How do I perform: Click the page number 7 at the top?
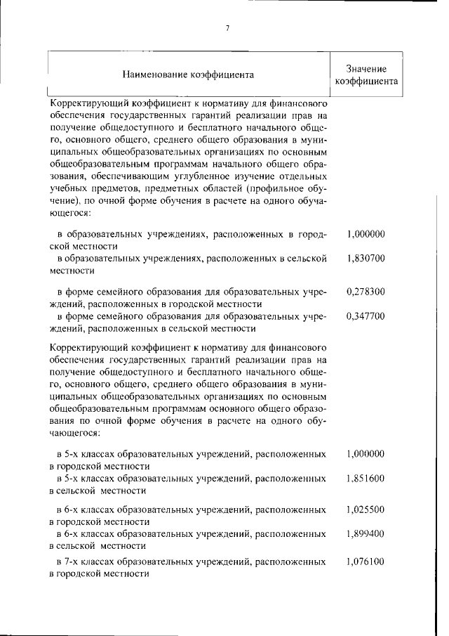(x=227, y=27)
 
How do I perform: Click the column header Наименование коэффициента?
(x=188, y=74)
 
